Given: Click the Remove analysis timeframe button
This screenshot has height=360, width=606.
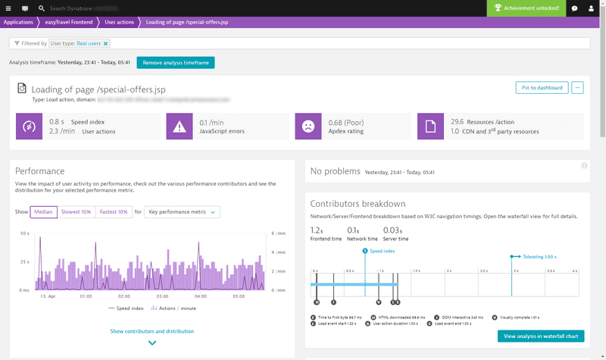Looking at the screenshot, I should click(175, 62).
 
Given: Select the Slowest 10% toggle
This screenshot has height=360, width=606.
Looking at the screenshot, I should click(76, 212).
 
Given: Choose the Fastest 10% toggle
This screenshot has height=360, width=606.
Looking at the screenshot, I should click(112, 212).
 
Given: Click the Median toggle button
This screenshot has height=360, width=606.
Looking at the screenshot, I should click(44, 212).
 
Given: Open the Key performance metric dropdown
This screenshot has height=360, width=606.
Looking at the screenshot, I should click(182, 212).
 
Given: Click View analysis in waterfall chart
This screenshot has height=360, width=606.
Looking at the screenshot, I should click(541, 336).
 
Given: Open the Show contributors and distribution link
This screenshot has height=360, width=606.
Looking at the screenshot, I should click(151, 331).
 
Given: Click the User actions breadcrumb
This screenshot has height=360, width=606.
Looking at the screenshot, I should click(120, 23).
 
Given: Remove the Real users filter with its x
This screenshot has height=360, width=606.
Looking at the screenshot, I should click(106, 43).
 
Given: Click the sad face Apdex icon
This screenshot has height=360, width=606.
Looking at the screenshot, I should click(308, 127).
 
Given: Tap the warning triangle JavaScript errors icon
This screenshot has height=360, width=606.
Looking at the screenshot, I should click(180, 127).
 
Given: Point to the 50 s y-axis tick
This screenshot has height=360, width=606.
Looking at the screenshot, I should click(23, 233).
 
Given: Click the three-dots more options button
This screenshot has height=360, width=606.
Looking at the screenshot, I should click(578, 88).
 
